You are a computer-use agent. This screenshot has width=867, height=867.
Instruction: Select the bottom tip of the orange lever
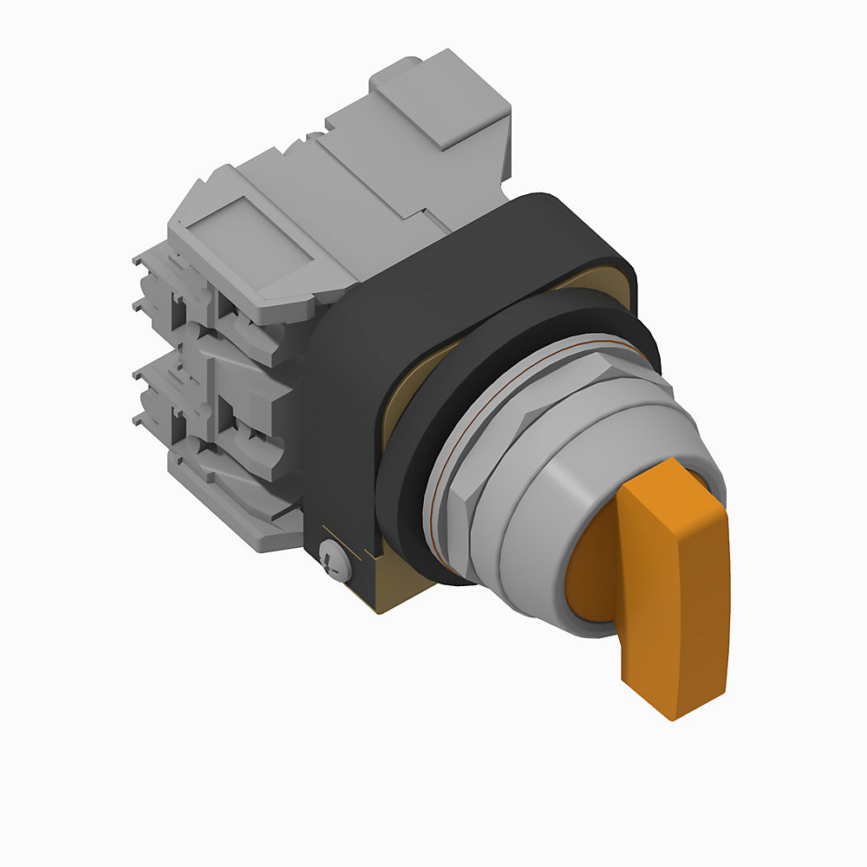pyautogui.click(x=672, y=707)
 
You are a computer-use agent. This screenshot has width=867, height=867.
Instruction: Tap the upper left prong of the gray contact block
pyautogui.click(x=147, y=260)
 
